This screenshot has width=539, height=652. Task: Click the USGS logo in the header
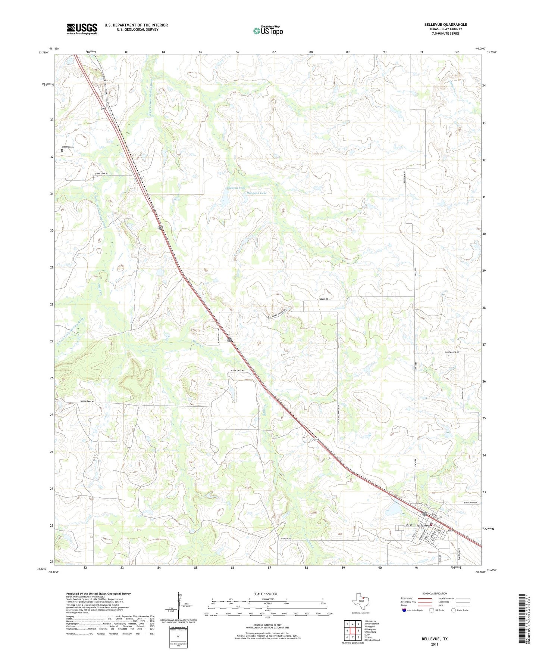tap(82, 29)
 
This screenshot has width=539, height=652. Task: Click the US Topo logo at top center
tap(268, 31)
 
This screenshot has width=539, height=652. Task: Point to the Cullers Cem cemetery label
tap(68, 147)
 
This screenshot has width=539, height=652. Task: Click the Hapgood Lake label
tap(257, 193)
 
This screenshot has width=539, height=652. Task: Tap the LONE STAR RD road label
tap(101, 174)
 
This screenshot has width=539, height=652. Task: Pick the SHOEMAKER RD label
tap(452, 352)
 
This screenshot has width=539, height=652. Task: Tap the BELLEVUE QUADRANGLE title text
tap(445, 25)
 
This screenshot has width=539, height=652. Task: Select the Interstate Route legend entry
tap(413, 610)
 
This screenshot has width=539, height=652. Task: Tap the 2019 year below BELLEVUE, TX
tap(435, 644)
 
